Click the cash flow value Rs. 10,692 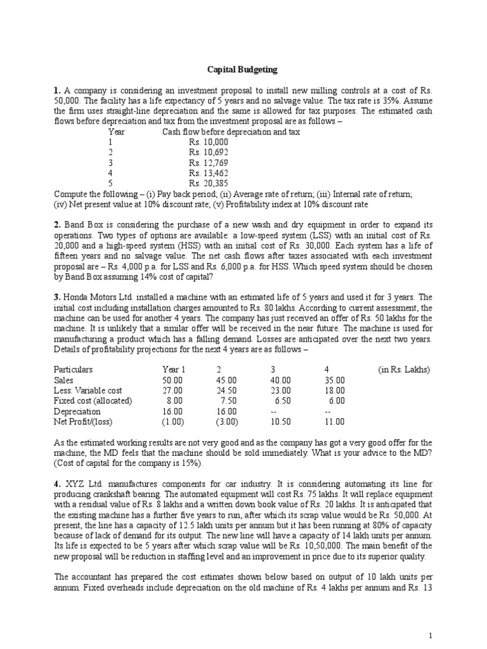(x=208, y=153)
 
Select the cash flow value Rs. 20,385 (x=208, y=183)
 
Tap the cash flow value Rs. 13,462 (x=208, y=173)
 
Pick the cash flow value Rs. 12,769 (x=208, y=163)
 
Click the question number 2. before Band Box (x=57, y=225)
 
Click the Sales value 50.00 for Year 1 (x=173, y=380)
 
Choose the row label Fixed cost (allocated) (x=93, y=401)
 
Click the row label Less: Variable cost (x=88, y=391)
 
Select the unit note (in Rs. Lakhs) (x=403, y=369)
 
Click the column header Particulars (x=74, y=369)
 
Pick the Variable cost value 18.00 (x=336, y=391)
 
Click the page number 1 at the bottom (x=431, y=636)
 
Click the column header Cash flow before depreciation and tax (x=231, y=132)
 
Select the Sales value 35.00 (x=336, y=380)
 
